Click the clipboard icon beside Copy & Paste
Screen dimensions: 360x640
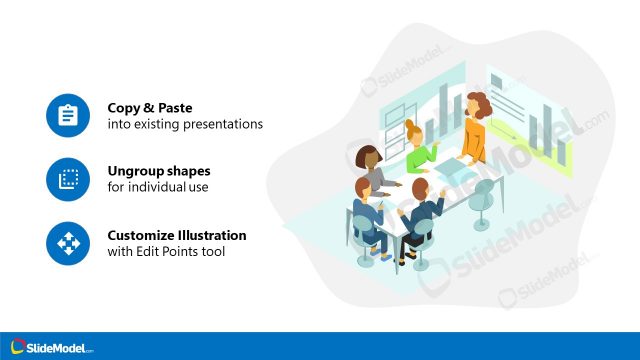[x=68, y=116]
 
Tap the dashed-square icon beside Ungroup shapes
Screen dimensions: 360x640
[x=68, y=179]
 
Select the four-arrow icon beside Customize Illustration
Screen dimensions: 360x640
[x=68, y=243]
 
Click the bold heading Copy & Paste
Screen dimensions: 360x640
[x=149, y=108]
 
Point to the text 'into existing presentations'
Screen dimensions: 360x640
[x=185, y=125]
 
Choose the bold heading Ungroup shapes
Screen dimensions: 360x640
[x=159, y=171]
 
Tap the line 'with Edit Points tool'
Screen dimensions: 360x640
[x=166, y=252]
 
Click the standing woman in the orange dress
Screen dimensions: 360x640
[x=475, y=130]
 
